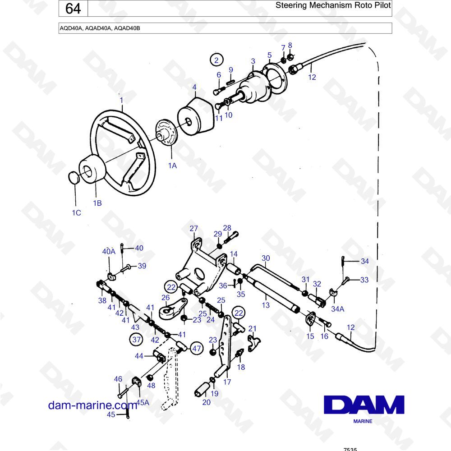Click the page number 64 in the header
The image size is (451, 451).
pos(73,8)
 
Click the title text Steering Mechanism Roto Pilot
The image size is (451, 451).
pos(333,5)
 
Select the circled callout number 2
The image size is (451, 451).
pos(216,60)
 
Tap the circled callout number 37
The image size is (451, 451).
pos(136,340)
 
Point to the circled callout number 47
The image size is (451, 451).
pos(197,348)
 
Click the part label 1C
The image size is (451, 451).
pos(76,212)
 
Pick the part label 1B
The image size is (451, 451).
pos(97,203)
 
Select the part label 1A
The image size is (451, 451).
pos(172,166)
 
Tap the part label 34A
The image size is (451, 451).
pos(338,309)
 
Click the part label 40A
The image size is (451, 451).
pos(109,251)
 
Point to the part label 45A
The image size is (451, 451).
pos(143,402)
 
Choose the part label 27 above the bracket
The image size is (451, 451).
pos(193,228)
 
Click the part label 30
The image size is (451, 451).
pos(266,258)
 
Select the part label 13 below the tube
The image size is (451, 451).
pos(266,305)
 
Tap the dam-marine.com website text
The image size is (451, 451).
pos(92,405)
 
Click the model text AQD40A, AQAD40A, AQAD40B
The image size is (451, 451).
pos(100,28)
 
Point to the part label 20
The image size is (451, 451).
pos(207,402)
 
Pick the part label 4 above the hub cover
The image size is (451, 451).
pos(194,87)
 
